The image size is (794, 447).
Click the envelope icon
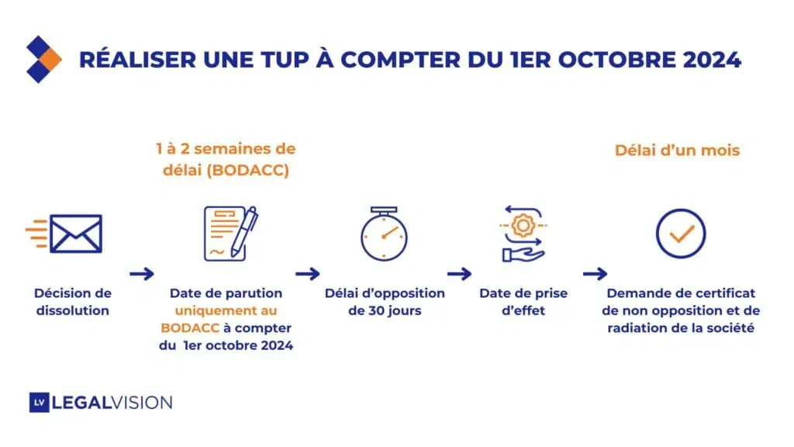[x=64, y=234]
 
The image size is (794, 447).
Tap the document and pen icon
[x=231, y=233]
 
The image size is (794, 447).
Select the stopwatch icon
[x=384, y=234]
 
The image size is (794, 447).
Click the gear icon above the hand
[x=523, y=225]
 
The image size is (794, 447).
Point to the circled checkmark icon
[x=681, y=234]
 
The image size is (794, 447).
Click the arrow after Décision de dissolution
[x=142, y=274]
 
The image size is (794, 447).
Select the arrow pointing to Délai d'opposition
[x=307, y=274]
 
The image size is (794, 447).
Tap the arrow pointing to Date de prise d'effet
[x=459, y=274]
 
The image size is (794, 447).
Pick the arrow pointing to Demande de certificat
[x=595, y=274]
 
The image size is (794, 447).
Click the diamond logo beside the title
[x=43, y=59]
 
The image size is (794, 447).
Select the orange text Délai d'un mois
[x=677, y=151]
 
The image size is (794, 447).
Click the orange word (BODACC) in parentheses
[x=247, y=170]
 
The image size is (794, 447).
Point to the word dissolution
[x=72, y=310]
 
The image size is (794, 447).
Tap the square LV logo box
[x=39, y=403]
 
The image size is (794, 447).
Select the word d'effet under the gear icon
[x=523, y=310]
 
